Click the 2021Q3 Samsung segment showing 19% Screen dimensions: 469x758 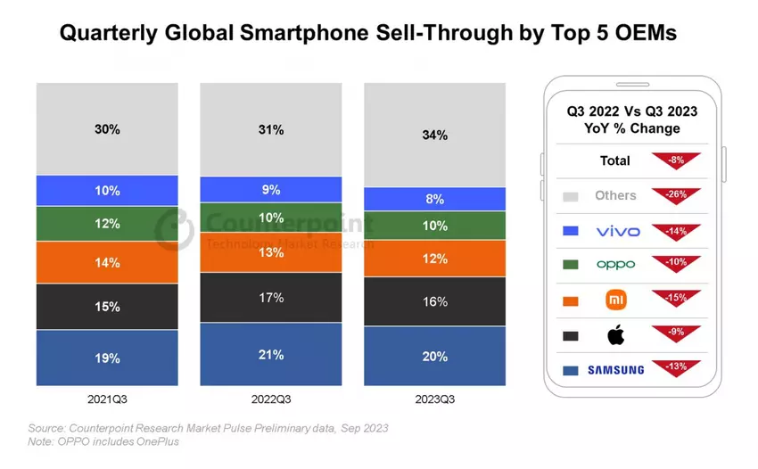[x=107, y=358]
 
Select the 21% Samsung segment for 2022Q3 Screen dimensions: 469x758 [x=270, y=354]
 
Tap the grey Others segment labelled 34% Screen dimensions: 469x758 [x=435, y=136]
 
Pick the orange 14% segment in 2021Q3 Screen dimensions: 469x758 [x=107, y=263]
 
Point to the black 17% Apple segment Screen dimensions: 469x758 [x=270, y=298]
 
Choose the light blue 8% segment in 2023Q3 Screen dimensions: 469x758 [x=435, y=199]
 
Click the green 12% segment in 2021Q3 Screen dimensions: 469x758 [x=107, y=224]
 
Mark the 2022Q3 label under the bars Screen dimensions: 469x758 [x=270, y=399]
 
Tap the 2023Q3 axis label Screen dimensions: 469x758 [x=435, y=399]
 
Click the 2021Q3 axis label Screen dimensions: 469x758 [x=107, y=399]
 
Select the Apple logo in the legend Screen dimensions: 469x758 [x=615, y=335]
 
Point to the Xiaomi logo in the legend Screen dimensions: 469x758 [x=615, y=300]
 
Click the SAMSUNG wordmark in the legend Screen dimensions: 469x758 [x=615, y=370]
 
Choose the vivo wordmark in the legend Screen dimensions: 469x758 [x=617, y=231]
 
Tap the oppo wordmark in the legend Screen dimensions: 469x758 [x=616, y=265]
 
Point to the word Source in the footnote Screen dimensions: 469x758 [x=47, y=428]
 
